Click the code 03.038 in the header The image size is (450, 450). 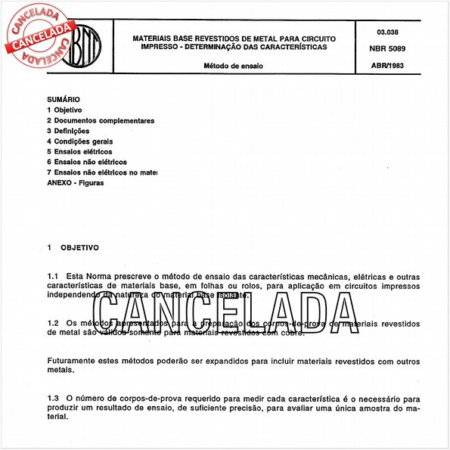[386, 32]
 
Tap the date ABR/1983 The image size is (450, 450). [386, 66]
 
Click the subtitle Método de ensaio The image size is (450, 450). [234, 66]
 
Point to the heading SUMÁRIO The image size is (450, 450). [63, 99]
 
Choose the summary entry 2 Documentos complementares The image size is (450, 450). [101, 120]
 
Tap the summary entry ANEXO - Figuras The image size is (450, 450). [76, 183]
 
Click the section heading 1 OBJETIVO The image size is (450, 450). [73, 247]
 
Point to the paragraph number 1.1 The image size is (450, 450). [53, 278]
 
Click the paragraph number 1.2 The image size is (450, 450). [53, 323]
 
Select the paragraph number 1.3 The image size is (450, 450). [53, 398]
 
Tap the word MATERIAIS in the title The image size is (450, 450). [155, 37]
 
